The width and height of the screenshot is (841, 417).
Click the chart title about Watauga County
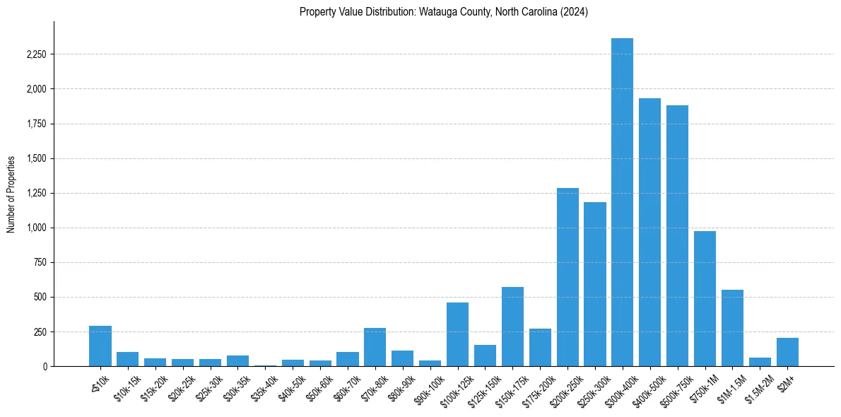[443, 12]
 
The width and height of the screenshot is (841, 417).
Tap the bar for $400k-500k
[649, 233]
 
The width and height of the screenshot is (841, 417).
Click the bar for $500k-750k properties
[677, 236]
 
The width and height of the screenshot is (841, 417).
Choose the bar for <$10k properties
[100, 346]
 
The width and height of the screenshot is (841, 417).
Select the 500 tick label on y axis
[40, 297]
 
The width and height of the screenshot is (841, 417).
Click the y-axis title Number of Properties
[11, 194]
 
